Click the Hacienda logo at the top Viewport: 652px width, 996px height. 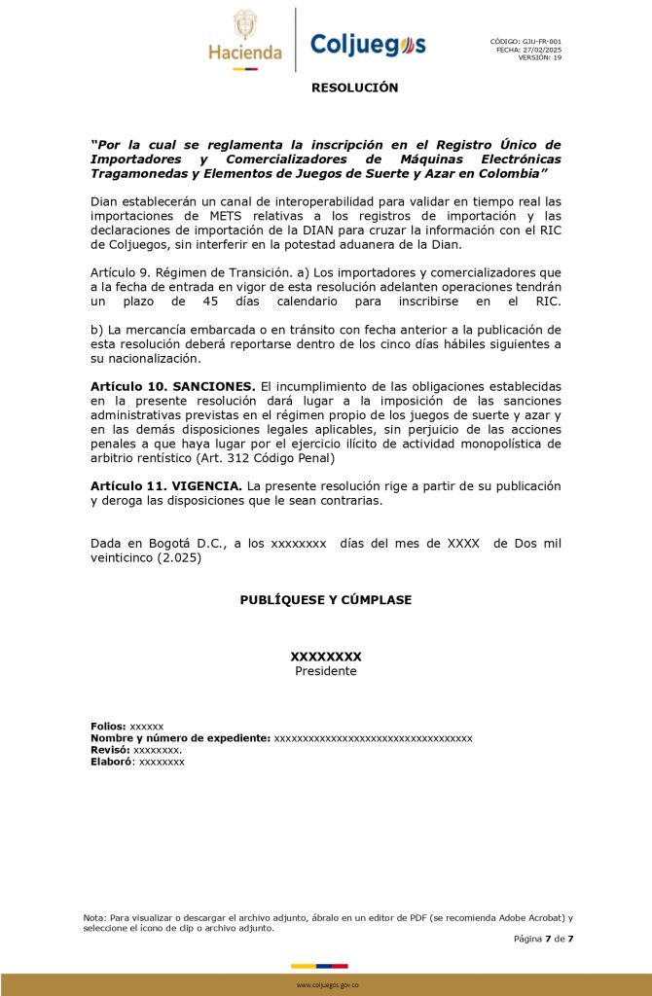[245, 39]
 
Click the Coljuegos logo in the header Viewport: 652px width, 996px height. [367, 44]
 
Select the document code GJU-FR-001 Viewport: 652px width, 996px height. [542, 42]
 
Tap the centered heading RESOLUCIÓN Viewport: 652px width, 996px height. [354, 88]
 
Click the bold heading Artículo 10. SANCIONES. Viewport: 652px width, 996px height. [173, 387]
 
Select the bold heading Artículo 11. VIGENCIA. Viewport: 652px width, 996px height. [166, 485]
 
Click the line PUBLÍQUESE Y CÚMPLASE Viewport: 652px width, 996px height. [325, 600]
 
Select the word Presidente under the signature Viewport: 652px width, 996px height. [326, 671]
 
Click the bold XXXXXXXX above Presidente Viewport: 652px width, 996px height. [326, 657]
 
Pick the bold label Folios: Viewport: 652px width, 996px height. [108, 727]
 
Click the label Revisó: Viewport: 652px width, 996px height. [110, 750]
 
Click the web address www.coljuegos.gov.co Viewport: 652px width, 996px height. [327, 985]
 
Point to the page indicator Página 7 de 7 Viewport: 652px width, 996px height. [544, 939]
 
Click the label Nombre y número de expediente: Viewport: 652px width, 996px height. [180, 738]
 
